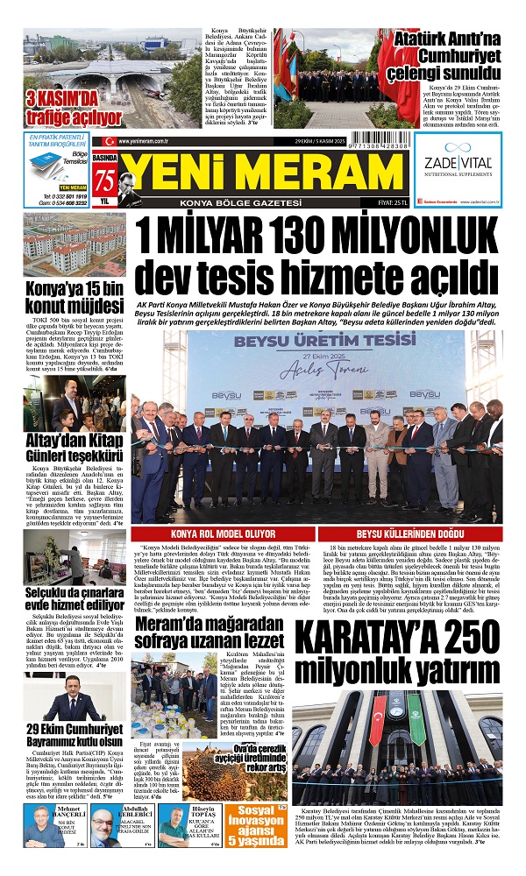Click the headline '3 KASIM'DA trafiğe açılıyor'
coord(74,108)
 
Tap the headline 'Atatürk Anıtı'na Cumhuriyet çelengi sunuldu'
coord(445,52)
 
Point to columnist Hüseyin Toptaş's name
coord(203,813)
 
